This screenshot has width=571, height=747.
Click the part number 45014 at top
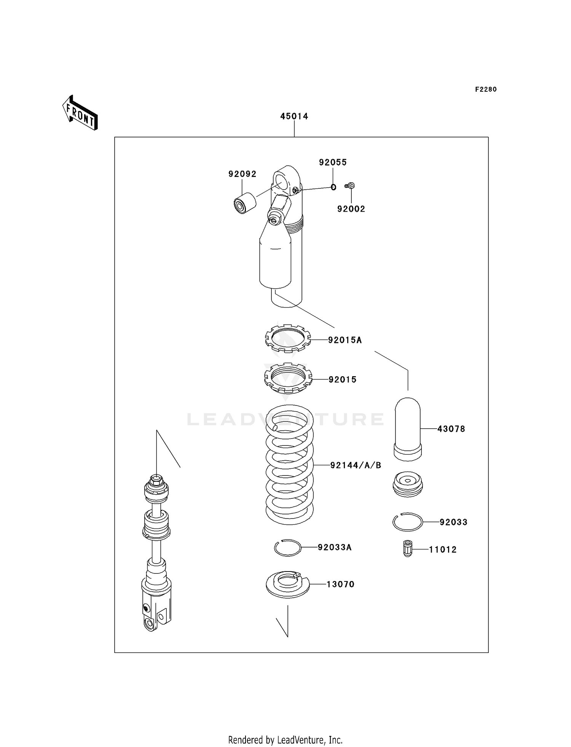click(294, 116)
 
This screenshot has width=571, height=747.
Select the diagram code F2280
click(486, 89)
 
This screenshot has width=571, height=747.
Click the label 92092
click(242, 174)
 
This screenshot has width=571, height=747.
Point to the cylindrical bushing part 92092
click(244, 203)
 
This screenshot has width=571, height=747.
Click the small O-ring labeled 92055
click(333, 187)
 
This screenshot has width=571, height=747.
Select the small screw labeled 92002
click(350, 186)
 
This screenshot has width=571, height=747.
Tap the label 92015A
click(345, 340)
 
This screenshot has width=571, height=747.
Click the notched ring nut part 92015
click(288, 378)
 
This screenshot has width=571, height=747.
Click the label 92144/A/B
click(356, 465)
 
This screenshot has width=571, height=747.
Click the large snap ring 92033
click(407, 522)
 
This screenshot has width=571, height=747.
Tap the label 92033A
click(335, 547)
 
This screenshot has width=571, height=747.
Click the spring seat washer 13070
click(287, 584)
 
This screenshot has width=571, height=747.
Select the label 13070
click(340, 584)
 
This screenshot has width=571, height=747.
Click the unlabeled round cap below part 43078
click(407, 485)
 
